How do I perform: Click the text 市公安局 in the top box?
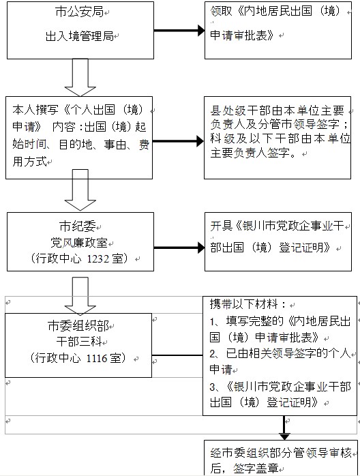click(80, 12)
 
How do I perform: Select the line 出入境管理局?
click(80, 36)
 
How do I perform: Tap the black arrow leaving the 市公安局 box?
click(179, 31)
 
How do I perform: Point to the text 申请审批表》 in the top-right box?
click(242, 35)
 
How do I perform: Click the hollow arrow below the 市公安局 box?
click(80, 78)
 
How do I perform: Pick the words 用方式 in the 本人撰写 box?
click(29, 161)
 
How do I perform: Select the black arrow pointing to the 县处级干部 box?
click(178, 141)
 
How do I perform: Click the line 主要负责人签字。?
click(254, 152)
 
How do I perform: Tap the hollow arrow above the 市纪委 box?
click(80, 190)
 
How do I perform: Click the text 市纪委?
click(78, 226)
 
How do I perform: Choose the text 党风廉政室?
click(79, 243)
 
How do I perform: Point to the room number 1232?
click(98, 259)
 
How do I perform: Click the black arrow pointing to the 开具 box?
click(179, 248)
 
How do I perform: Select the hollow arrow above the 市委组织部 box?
click(80, 296)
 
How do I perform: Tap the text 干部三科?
click(78, 342)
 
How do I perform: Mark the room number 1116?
click(97, 359)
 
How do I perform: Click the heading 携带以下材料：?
click(248, 304)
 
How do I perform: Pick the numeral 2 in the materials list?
click(213, 354)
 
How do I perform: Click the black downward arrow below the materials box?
click(284, 428)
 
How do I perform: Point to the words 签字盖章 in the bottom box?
click(256, 468)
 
